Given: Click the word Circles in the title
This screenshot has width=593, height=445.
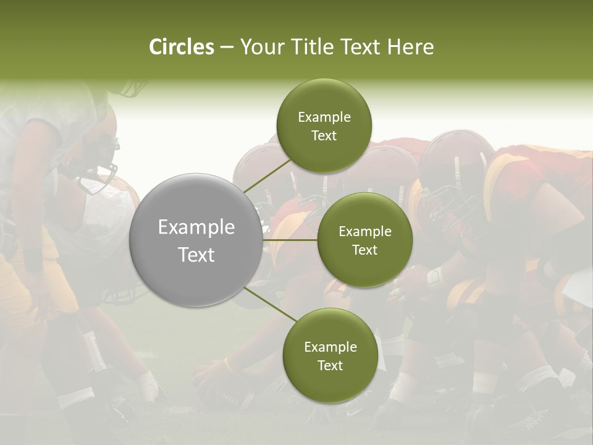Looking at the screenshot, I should click(181, 47).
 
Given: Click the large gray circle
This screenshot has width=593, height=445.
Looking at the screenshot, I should click(196, 240).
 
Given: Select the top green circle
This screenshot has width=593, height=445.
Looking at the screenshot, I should click(324, 126).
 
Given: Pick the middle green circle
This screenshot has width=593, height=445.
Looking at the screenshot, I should click(364, 240).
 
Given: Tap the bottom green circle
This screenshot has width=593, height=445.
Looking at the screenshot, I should click(330, 355).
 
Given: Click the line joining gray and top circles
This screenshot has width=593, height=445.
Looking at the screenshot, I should click(267, 176).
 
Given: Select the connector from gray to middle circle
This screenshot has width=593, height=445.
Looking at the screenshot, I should click(290, 240).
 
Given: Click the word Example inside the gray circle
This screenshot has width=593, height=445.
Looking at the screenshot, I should click(196, 227).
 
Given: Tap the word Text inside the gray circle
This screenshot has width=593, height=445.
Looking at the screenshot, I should click(196, 255).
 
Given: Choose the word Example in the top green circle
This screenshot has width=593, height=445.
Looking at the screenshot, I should click(324, 117).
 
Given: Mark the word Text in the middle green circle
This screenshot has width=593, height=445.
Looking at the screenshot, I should click(364, 250).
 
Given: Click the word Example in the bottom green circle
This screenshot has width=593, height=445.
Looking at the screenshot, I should click(330, 347).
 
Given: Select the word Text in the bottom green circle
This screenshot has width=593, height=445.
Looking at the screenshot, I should click(330, 365).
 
